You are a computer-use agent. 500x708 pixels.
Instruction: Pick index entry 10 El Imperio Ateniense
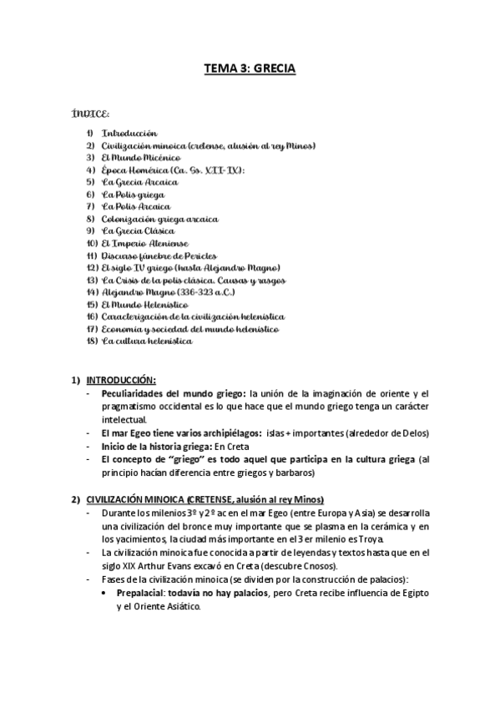pyautogui.click(x=144, y=243)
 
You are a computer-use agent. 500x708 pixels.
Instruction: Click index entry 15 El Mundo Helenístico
pyautogui.click(x=144, y=305)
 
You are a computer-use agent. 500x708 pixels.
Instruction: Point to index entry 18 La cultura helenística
pyautogui.click(x=147, y=341)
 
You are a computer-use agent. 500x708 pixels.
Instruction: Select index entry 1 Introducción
pyautogui.click(x=129, y=133)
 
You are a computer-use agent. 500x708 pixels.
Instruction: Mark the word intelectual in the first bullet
pyautogui.click(x=124, y=419)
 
